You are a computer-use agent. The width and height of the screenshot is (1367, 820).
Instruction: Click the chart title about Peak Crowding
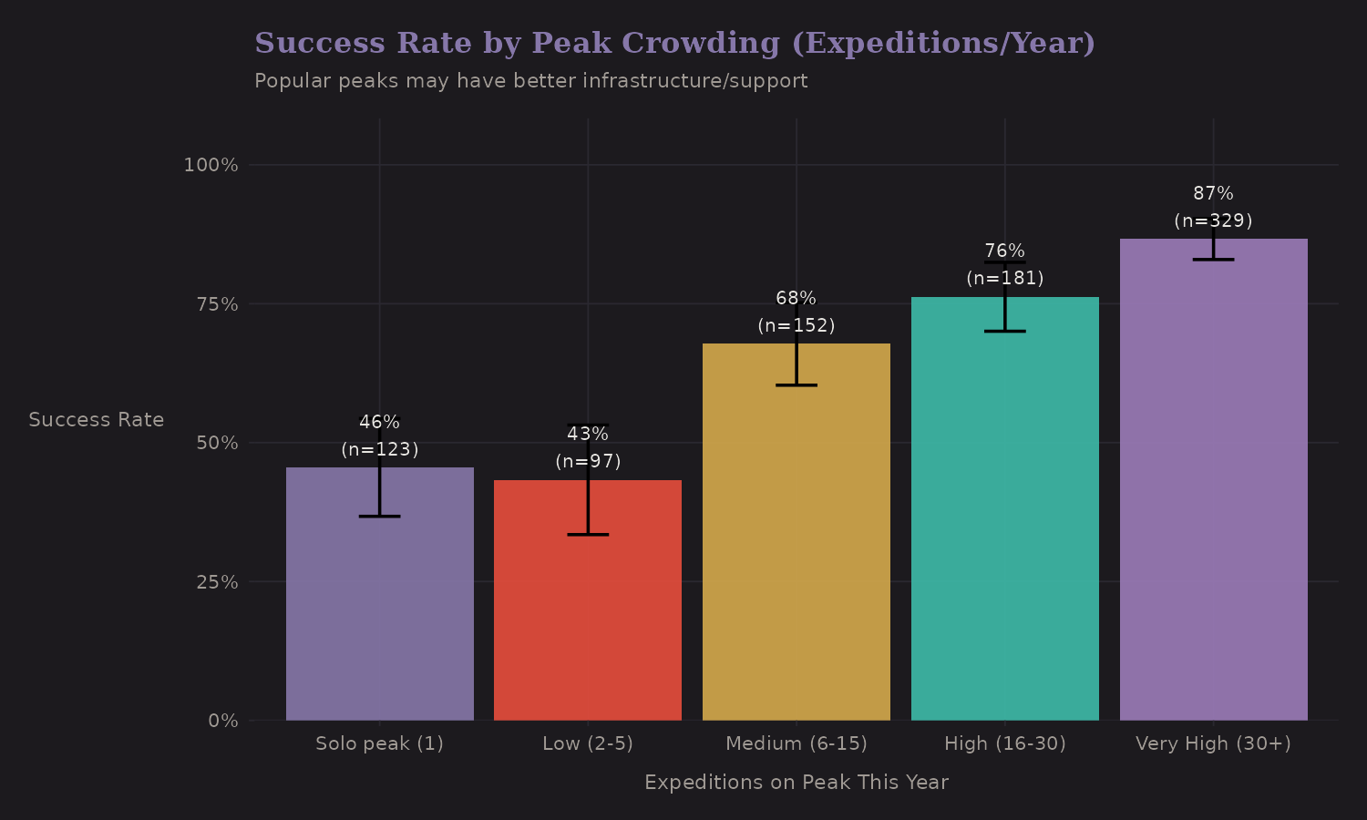[674, 44]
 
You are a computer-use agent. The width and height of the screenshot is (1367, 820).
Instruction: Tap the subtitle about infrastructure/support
[530, 81]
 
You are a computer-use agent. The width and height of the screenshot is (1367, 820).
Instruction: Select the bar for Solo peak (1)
[379, 620]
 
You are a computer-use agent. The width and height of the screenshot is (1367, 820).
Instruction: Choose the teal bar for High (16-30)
[1004, 528]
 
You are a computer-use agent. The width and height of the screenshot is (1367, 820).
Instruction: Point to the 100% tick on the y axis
[211, 165]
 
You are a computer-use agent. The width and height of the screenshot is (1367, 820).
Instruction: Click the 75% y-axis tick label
[217, 304]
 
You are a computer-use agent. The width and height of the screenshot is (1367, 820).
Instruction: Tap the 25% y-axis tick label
[217, 582]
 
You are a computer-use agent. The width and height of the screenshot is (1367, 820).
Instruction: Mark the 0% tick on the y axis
[223, 721]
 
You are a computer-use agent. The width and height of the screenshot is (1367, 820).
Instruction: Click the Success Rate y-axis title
[97, 420]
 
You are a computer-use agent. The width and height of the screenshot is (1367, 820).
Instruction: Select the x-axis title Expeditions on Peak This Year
[797, 783]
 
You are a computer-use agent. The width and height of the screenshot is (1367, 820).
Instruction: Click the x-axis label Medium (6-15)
[797, 743]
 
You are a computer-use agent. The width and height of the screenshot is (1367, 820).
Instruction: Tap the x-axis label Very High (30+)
[1213, 743]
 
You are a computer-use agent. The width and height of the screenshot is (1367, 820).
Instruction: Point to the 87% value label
[1213, 194]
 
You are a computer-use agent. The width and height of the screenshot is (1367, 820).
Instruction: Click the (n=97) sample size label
[588, 461]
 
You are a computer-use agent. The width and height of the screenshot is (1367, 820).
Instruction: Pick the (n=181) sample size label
[1004, 278]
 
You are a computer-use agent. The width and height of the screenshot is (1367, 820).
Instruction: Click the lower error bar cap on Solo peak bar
[379, 517]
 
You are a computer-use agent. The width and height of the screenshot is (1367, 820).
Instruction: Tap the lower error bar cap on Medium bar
[797, 385]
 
